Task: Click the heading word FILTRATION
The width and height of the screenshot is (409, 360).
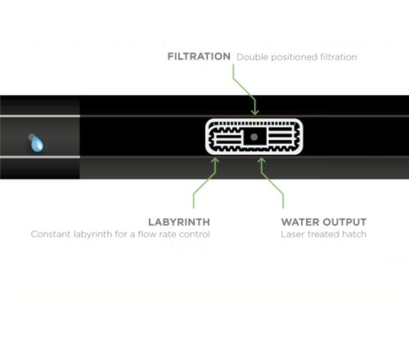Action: point(199,56)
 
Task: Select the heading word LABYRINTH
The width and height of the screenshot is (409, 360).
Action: point(179,222)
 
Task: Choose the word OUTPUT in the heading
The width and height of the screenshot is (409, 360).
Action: point(343,222)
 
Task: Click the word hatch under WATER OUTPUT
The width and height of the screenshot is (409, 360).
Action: point(353,234)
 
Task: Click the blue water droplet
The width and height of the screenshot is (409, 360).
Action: point(37,144)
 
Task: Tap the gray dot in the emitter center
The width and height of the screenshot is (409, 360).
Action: point(254,137)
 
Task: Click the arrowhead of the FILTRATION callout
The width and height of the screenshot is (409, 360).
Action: point(254,112)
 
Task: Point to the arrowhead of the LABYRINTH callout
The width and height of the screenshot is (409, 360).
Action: point(215,160)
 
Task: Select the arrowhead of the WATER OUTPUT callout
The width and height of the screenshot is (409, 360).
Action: point(262,160)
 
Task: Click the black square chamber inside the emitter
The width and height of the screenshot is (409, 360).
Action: point(254,137)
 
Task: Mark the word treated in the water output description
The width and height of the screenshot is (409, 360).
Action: point(323,234)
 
